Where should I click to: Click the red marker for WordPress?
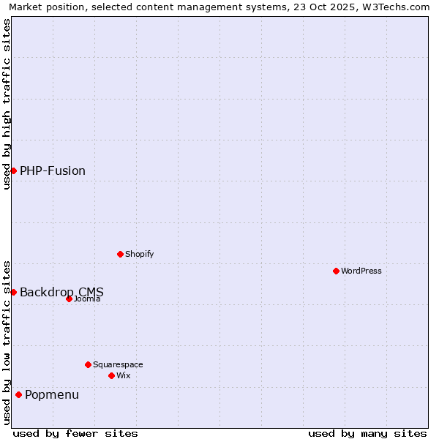pos(336,271)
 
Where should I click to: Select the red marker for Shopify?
pos(120,254)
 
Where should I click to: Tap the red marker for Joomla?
pos(69,299)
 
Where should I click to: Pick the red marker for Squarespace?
pos(88,364)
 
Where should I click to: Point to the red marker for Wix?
pos(111,375)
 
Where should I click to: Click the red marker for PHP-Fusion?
pos(13,170)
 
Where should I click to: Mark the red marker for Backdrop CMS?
pos(13,292)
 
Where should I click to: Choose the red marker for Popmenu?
pos(18,394)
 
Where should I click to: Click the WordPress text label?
pos(361,271)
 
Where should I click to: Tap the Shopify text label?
pos(140,254)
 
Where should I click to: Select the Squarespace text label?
pos(118,364)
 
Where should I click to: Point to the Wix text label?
pos(124,375)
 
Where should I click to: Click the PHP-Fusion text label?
pos(53,170)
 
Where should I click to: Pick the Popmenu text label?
pos(52,394)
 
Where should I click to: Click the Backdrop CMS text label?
pos(61,292)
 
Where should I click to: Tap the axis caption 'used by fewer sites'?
pos(75,433)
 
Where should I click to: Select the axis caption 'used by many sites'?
pos(367,433)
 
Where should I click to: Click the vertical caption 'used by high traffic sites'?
pos(7,104)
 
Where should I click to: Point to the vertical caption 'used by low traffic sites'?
pos(7,342)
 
